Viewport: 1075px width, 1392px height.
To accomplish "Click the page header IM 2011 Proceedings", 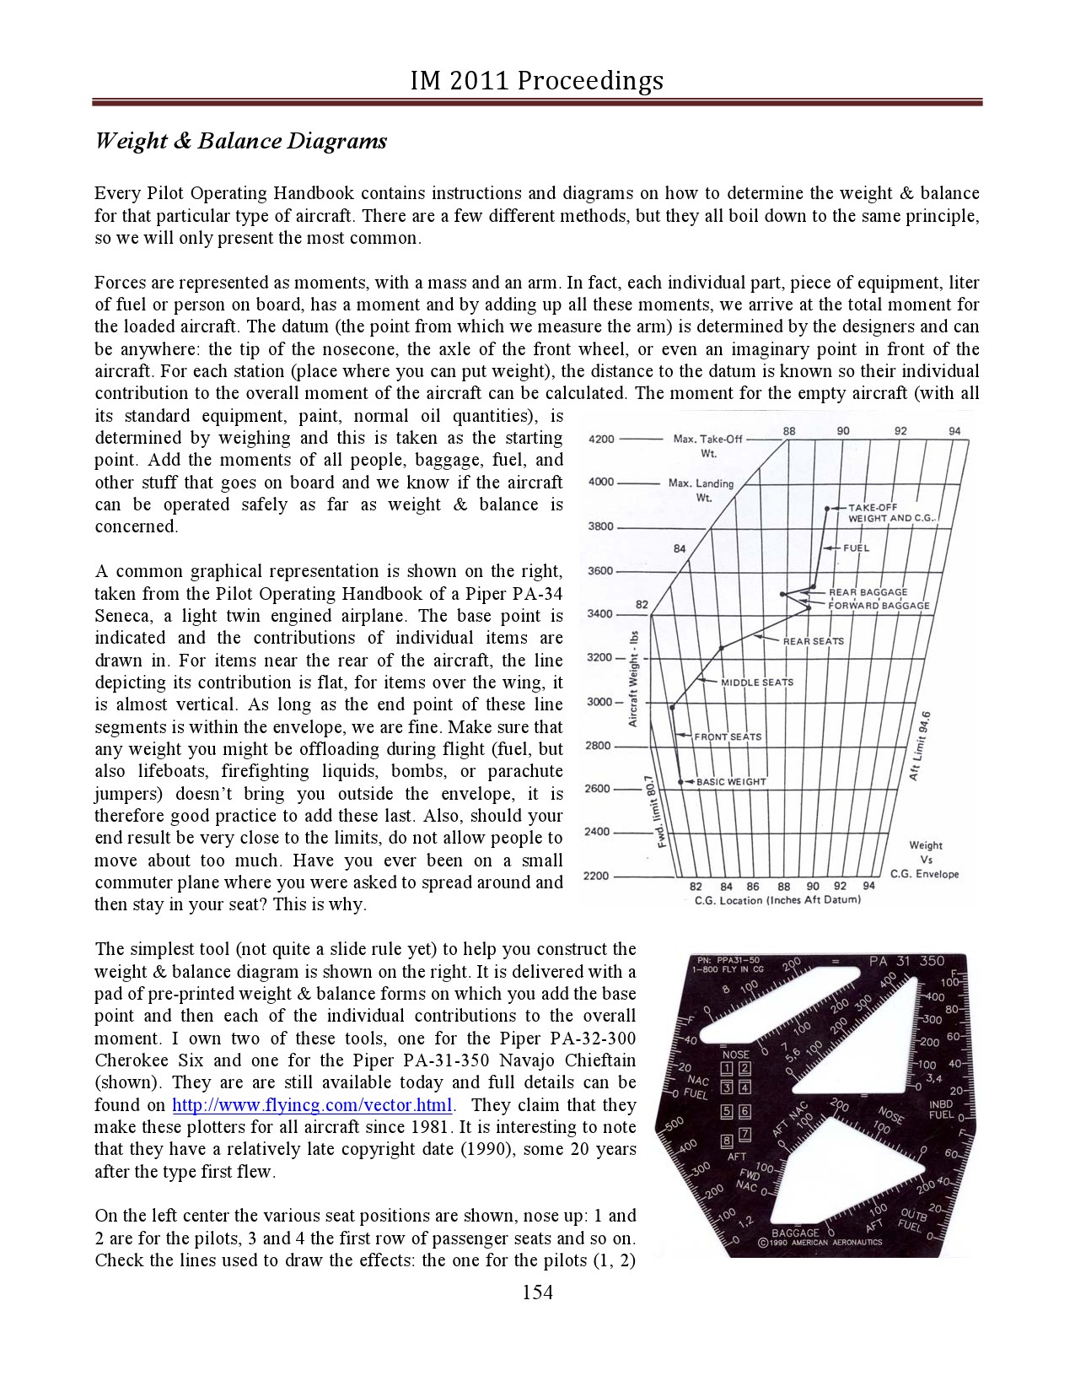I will coord(537,80).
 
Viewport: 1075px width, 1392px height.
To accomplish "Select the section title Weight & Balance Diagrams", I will coord(240,141).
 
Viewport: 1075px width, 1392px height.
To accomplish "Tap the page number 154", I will coord(537,1292).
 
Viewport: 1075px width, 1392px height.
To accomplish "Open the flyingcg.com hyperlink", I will coord(313,1105).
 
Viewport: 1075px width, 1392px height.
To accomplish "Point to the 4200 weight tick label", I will coord(601,440).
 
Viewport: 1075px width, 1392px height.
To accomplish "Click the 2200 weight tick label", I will coord(598,877).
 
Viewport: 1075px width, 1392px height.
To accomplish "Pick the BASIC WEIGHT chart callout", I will coord(730,782).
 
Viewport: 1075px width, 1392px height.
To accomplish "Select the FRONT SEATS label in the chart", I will coord(728,737).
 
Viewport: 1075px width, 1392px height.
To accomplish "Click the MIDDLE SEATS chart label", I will coord(757,683).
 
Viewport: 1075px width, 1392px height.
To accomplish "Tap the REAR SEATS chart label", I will coord(813,642).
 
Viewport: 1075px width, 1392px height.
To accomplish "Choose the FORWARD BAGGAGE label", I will coord(879,606).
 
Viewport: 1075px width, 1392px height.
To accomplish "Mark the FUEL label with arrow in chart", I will coord(855,548).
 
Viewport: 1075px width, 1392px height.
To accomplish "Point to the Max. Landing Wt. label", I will coord(701,490).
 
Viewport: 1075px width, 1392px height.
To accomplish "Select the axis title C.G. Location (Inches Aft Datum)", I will coord(777,900).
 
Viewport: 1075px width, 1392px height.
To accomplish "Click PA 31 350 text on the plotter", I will coord(906,962).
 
